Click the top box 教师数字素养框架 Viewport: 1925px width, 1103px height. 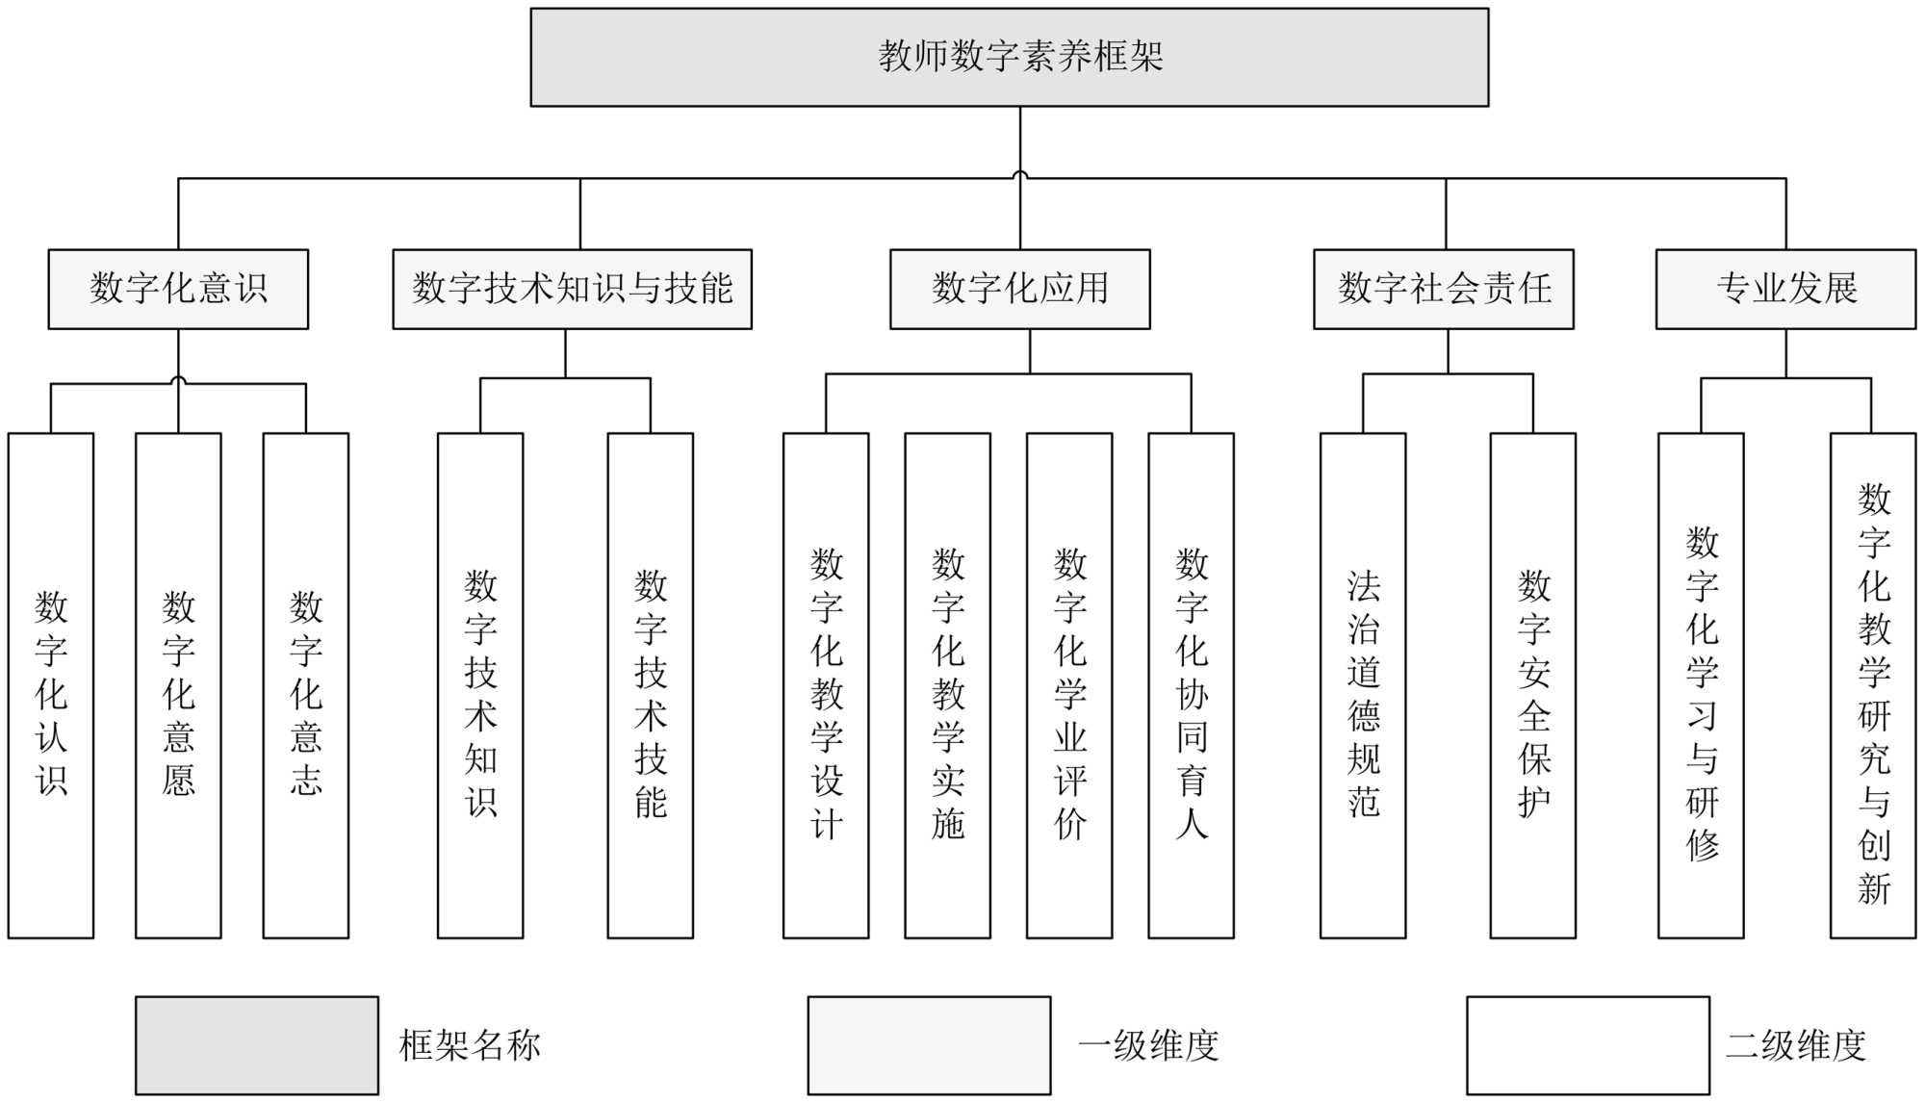click(1009, 57)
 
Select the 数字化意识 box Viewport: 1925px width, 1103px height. click(178, 289)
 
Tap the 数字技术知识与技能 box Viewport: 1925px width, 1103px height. click(572, 289)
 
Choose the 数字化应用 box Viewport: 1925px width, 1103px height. click(1019, 289)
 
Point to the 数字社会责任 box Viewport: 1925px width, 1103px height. click(1444, 289)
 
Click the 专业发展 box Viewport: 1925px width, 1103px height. click(1785, 289)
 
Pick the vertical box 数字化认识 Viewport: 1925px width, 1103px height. click(51, 685)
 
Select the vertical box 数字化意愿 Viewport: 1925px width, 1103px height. click(178, 685)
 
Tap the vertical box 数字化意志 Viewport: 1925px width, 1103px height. click(306, 685)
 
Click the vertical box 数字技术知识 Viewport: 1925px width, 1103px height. click(480, 685)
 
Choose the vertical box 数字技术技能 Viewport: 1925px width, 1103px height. click(651, 685)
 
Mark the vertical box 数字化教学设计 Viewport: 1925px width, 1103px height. click(826, 685)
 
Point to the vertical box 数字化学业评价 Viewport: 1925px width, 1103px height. click(1069, 685)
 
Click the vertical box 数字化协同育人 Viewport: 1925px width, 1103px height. click(1191, 685)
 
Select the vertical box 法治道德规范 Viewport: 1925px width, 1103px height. click(1363, 685)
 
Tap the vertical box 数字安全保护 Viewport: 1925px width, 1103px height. click(1533, 685)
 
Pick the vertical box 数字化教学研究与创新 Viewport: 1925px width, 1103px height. click(1873, 685)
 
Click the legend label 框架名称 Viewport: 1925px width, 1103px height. click(470, 1045)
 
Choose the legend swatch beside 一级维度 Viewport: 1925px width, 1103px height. click(929, 1045)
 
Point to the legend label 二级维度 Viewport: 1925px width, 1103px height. click(1796, 1045)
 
